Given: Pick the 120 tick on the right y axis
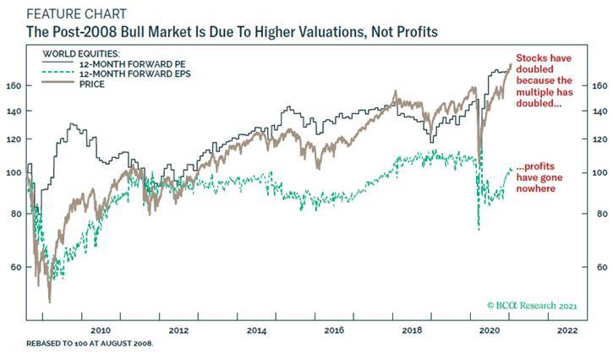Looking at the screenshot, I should point(597,139).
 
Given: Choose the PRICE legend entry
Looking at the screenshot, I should point(90,85).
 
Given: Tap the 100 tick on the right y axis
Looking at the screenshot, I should point(597,172).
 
